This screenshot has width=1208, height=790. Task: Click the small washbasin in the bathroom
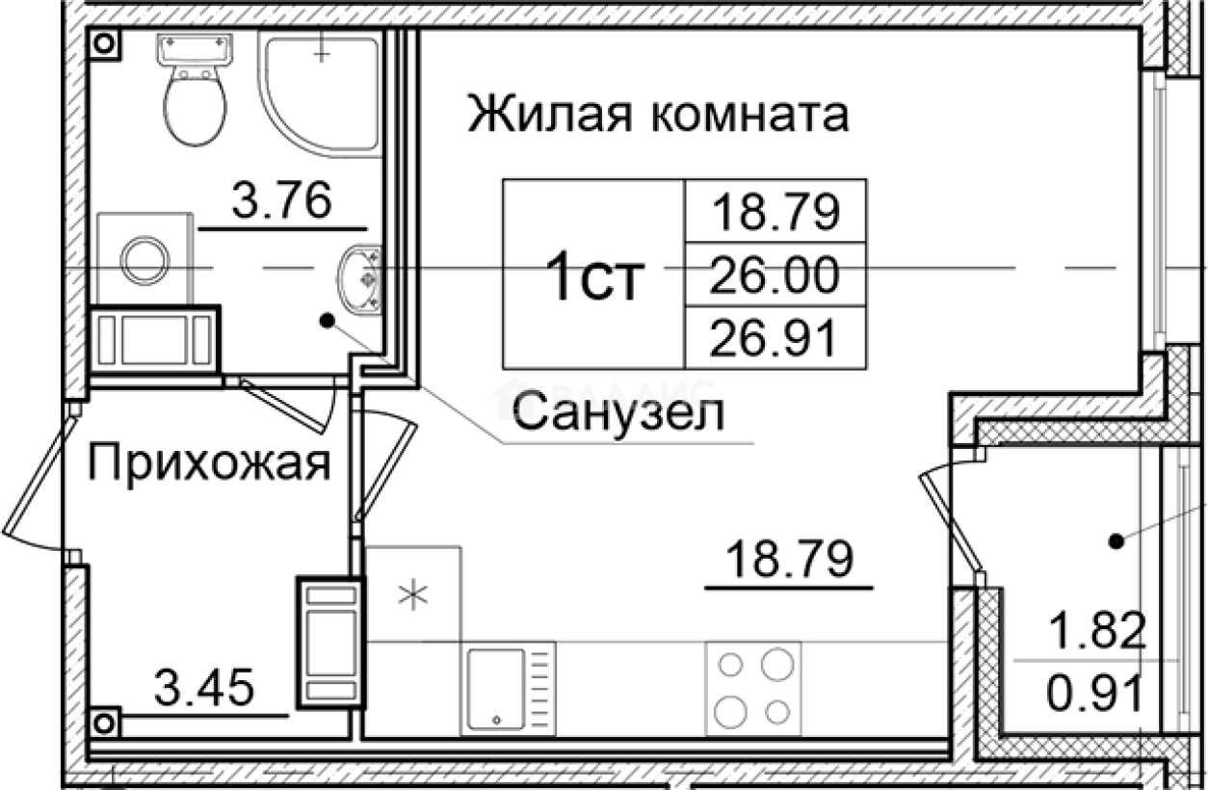[360, 278]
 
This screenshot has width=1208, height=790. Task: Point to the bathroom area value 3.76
[283, 203]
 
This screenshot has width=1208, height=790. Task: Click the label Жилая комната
[659, 115]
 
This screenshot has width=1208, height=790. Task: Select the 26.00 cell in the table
[775, 276]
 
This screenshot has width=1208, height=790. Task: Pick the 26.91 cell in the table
[775, 337]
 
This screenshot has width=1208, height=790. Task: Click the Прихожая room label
[209, 465]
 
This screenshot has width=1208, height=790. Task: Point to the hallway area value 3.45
[203, 690]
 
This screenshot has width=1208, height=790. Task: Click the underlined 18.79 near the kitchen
[790, 559]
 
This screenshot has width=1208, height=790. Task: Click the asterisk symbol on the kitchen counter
[412, 595]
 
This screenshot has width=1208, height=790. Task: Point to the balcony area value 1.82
[1098, 633]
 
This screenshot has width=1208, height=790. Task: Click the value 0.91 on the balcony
[1098, 692]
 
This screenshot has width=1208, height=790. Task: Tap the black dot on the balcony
[1116, 542]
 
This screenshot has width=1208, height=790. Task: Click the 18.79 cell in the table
[775, 212]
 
